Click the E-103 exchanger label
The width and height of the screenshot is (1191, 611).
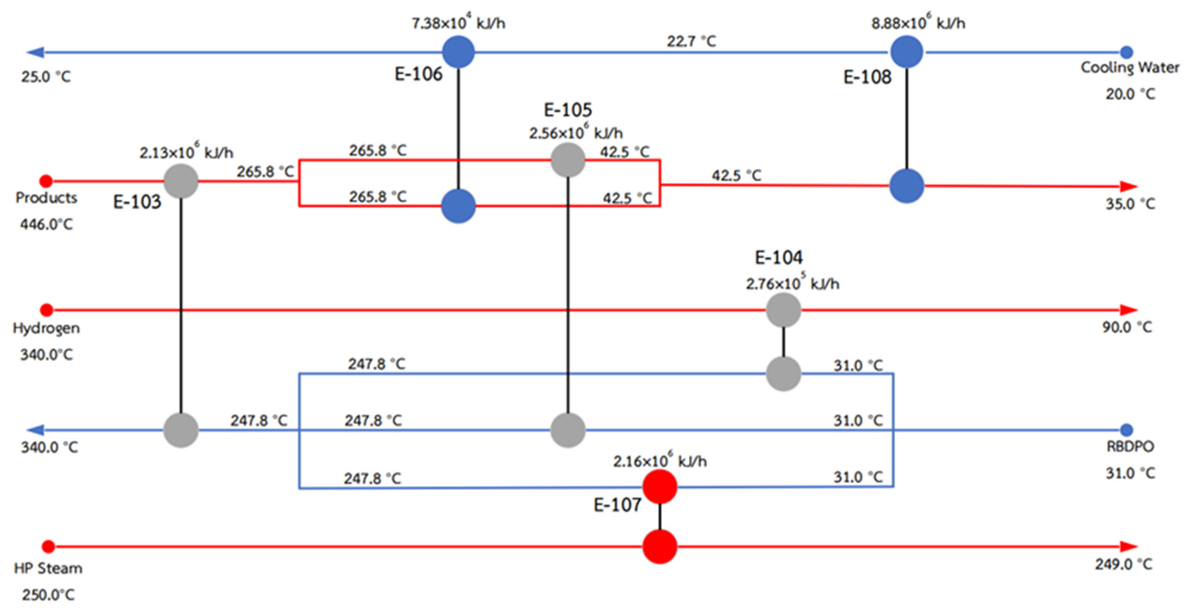(x=137, y=202)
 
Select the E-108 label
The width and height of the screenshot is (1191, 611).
(x=867, y=77)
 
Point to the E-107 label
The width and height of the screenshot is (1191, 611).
(x=617, y=505)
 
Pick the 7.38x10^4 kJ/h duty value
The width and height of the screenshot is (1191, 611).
(x=458, y=22)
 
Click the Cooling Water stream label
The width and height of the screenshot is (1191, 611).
(x=1129, y=67)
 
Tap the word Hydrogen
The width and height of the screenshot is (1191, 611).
(x=46, y=328)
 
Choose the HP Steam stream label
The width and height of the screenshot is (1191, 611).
(x=48, y=568)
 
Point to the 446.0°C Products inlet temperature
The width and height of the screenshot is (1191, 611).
(x=46, y=225)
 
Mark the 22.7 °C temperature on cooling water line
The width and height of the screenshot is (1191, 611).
(x=691, y=41)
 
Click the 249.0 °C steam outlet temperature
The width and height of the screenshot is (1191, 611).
(x=1123, y=565)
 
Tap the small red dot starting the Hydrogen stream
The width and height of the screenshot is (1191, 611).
(x=46, y=310)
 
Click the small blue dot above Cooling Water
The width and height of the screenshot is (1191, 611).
(x=1127, y=52)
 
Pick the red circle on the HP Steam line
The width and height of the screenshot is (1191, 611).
(x=660, y=546)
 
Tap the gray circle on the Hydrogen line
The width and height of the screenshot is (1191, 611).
(x=783, y=310)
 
